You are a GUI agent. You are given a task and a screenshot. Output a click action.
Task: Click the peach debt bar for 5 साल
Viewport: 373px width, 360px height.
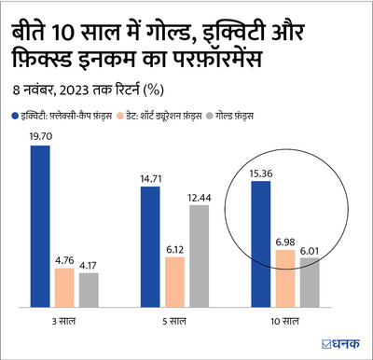(175, 282)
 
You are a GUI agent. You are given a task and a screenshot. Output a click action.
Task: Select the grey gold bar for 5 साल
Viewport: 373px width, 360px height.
(200, 256)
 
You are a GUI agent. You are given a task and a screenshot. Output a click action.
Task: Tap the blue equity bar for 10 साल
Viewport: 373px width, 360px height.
(262, 243)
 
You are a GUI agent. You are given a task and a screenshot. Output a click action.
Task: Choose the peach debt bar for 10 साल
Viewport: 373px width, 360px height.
(286, 278)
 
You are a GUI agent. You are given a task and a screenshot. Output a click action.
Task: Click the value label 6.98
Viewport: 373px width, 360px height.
(286, 242)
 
